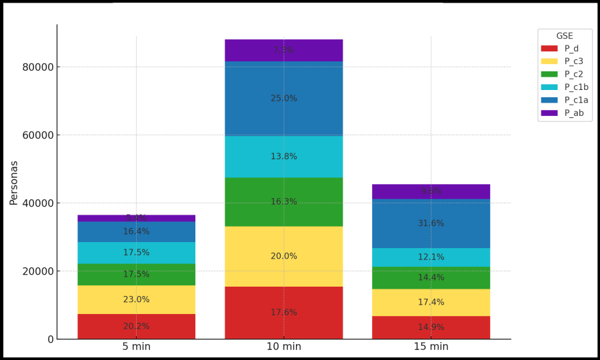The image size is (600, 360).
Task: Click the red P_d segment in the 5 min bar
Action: coord(136,326)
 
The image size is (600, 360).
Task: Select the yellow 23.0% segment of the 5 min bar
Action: coord(136,299)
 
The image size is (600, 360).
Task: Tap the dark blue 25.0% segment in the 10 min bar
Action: coord(283,99)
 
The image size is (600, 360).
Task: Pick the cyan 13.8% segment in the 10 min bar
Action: coord(283,157)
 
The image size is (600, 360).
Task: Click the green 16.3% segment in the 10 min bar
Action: coord(283,201)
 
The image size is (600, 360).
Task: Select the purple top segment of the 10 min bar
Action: coord(283,50)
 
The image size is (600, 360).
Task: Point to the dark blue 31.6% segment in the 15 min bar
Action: coord(431,223)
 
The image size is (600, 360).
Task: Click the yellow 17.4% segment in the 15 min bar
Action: coord(431,302)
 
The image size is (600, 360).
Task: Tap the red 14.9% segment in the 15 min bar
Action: coord(431,327)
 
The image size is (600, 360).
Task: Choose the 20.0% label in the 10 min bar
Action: coord(284,256)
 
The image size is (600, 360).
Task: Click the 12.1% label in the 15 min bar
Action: coord(431,257)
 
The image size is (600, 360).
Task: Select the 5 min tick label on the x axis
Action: coord(136,347)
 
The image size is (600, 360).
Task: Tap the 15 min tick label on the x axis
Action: coord(431,347)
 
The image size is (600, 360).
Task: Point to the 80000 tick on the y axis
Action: coord(37,67)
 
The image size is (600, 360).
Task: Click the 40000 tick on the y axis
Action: coord(37,203)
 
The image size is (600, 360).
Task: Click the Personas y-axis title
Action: coord(14,182)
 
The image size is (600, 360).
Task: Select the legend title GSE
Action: coord(565,36)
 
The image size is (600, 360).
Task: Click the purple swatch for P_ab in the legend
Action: coord(549,113)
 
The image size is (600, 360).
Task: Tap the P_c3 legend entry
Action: coord(573,61)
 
